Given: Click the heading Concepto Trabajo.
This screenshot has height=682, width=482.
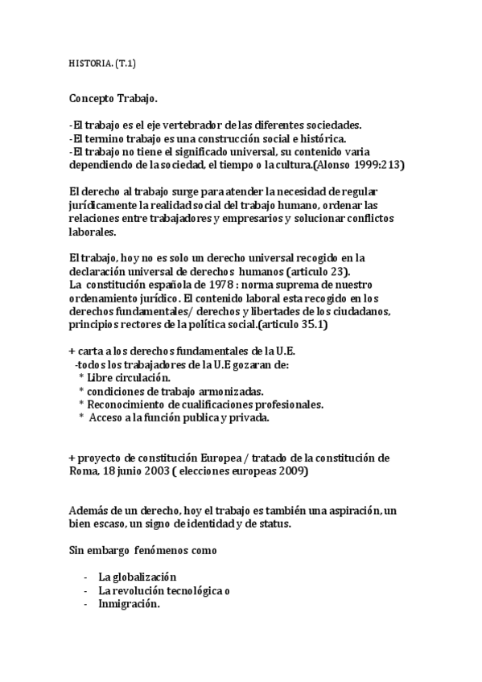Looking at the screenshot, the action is tap(114, 99).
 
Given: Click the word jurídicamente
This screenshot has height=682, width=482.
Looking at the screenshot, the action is tap(105, 205).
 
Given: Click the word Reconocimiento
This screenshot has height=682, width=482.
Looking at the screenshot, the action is tap(126, 404).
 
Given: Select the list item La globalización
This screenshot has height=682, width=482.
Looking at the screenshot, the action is tap(137, 577).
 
